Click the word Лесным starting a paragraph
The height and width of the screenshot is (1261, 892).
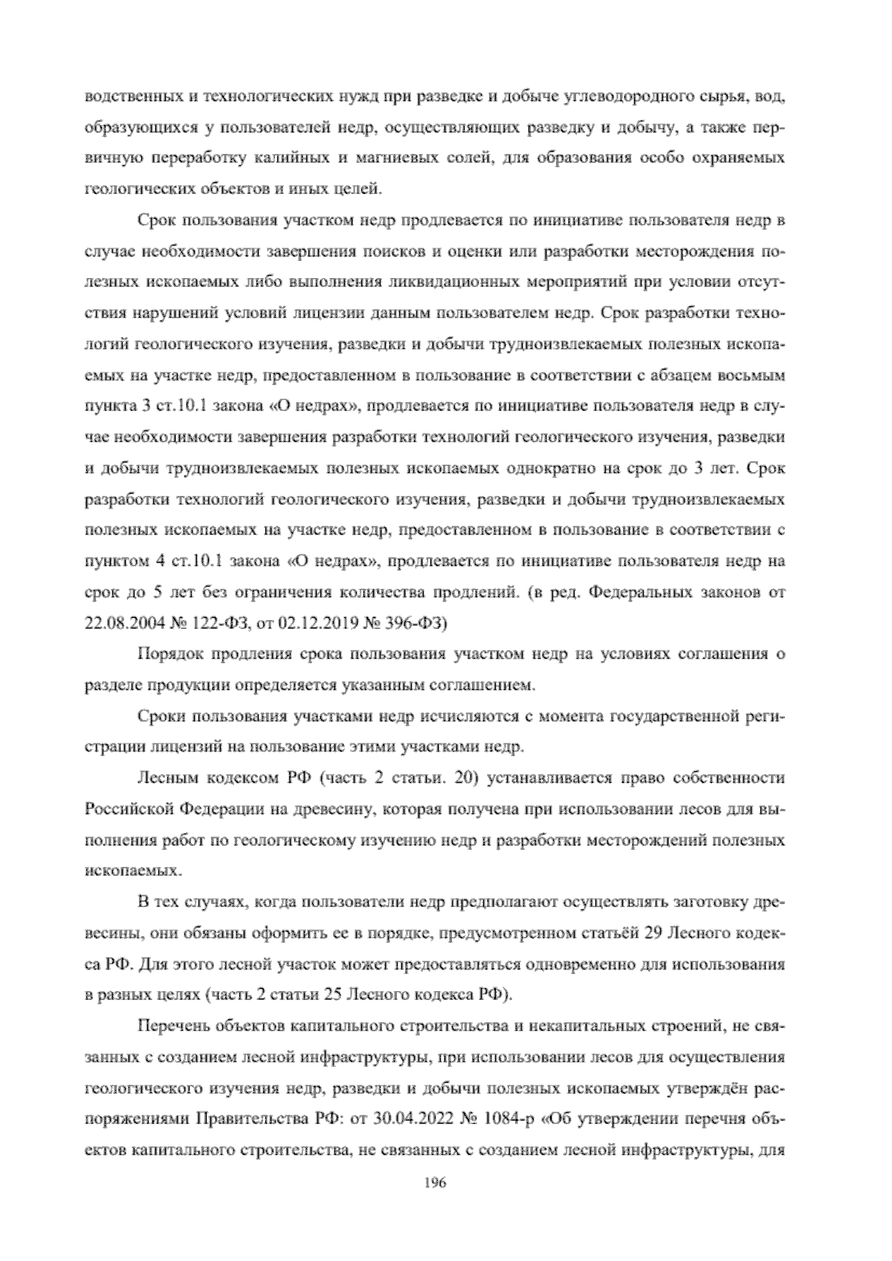(x=170, y=778)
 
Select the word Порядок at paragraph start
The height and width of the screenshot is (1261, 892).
(x=170, y=654)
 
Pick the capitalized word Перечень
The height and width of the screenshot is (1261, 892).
(x=176, y=1027)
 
